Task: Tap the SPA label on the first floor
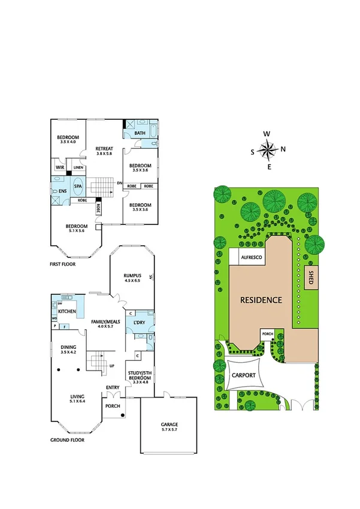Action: click(x=78, y=186)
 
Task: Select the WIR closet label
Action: click(x=60, y=167)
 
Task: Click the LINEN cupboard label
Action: click(x=78, y=167)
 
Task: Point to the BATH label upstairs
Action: click(x=140, y=133)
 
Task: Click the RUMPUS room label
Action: click(x=132, y=274)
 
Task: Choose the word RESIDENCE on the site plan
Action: click(x=261, y=299)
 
